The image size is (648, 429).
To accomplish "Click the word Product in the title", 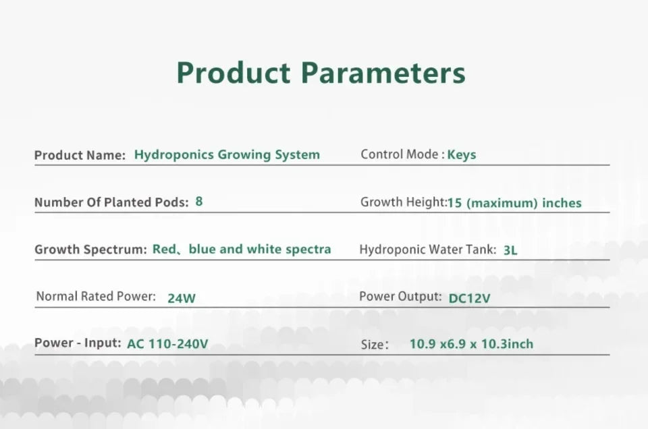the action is [233, 73].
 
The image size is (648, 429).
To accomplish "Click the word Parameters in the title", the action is [383, 73].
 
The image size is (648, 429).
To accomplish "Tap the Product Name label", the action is [80, 155].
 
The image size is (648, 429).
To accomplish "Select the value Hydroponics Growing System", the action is [227, 155].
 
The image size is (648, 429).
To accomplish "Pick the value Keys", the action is [462, 155].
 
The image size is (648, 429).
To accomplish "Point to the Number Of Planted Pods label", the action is [111, 202].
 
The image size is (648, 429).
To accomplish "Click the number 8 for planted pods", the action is [198, 202].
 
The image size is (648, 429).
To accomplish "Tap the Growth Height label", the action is [404, 202].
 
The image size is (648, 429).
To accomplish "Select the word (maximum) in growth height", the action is [502, 203].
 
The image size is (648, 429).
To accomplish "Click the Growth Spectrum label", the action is [90, 250].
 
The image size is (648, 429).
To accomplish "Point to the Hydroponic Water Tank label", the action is [428, 250].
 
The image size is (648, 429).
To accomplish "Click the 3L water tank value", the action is [510, 250].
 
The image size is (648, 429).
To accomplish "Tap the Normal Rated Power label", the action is [96, 296].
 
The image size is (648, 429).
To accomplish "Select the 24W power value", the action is [182, 298].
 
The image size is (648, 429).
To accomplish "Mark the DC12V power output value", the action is [470, 298].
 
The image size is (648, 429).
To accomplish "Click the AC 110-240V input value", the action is [167, 344].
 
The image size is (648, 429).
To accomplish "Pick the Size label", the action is [375, 345].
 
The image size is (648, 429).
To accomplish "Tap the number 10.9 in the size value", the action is [423, 344].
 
